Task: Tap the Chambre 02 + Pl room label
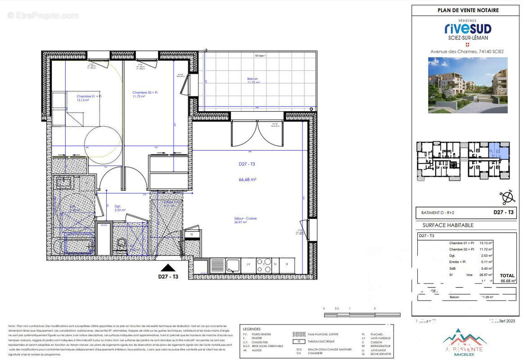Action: (145, 94)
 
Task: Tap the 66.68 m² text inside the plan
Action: (247, 179)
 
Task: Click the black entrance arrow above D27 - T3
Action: (168, 268)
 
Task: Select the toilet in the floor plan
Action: (121, 244)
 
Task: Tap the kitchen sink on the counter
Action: (233, 265)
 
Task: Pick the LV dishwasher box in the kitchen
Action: (248, 265)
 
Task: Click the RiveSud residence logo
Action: (468, 29)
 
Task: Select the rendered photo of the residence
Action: (468, 85)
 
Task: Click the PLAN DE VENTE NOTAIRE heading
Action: (468, 10)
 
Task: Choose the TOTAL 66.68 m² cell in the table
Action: (507, 278)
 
